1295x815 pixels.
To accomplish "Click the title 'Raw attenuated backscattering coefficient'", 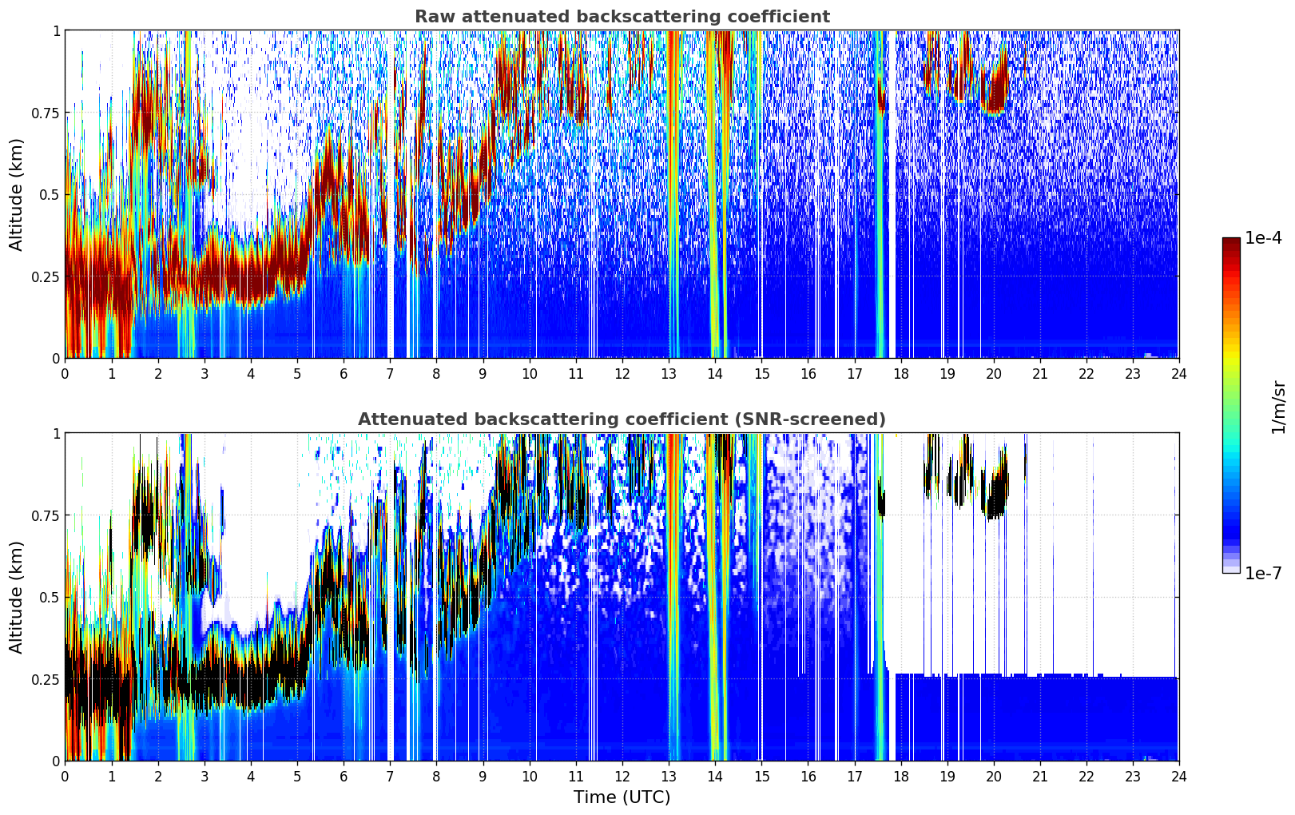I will [622, 17].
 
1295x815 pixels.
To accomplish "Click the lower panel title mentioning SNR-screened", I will [622, 419].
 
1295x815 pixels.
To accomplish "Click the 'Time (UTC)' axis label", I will [622, 797].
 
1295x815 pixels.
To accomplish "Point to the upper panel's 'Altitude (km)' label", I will [17, 194].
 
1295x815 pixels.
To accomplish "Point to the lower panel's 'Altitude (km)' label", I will [17, 597].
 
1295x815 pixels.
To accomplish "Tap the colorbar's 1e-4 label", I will [1263, 239].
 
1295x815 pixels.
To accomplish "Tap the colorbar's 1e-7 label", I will [1263, 573].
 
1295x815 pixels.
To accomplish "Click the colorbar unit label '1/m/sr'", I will [1278, 407].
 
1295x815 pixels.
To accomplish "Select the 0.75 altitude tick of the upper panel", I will [45, 113].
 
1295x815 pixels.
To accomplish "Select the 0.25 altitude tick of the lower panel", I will [45, 679].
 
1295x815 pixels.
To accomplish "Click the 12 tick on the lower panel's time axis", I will [622, 777].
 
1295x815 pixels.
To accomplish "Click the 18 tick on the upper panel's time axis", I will [900, 374].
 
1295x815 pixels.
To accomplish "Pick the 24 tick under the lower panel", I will [1178, 777].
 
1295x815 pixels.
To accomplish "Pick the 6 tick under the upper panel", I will [344, 374].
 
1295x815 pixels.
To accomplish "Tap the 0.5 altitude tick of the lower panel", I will [50, 597].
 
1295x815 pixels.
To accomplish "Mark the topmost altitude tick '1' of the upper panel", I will [56, 30].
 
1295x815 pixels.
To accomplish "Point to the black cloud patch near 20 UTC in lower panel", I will [995, 495].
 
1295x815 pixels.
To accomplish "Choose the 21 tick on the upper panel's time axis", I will [1039, 374].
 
